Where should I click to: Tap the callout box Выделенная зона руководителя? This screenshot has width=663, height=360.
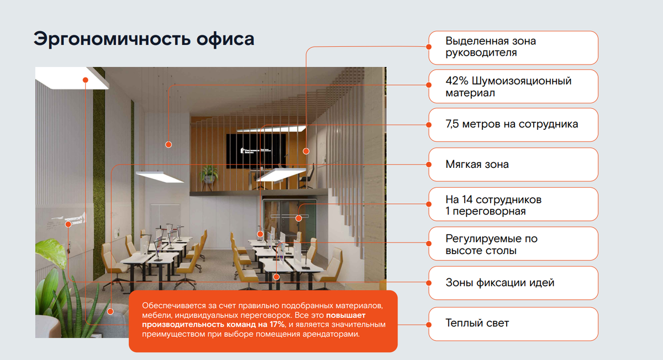click(x=513, y=47)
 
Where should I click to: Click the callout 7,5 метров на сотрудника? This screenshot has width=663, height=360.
click(x=513, y=124)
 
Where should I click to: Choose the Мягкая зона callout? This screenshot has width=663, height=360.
click(x=513, y=165)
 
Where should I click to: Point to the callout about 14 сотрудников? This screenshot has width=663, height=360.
click(x=513, y=205)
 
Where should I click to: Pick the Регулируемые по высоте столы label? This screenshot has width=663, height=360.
click(x=513, y=245)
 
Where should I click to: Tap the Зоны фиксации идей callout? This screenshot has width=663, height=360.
click(x=513, y=283)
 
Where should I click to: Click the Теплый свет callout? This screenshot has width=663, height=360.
click(x=513, y=323)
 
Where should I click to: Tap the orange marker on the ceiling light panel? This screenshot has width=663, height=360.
click(x=86, y=80)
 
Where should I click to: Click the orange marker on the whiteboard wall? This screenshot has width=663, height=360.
click(x=69, y=224)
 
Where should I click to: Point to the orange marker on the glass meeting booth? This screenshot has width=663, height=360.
click(x=299, y=218)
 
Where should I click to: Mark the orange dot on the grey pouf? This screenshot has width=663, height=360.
click(x=110, y=311)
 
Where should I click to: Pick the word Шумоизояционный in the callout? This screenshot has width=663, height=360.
click(x=519, y=81)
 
